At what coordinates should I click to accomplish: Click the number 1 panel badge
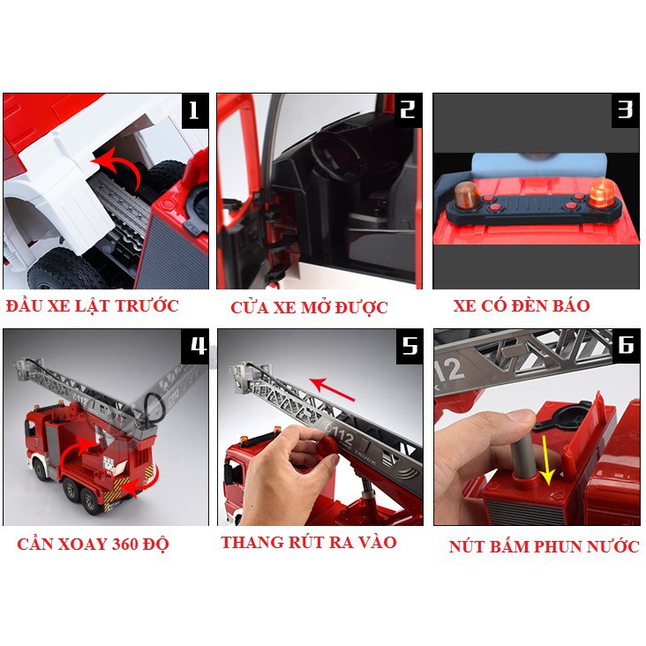click(x=195, y=111)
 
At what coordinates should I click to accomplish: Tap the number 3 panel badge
click(x=625, y=110)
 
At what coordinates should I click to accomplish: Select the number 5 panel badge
click(x=409, y=346)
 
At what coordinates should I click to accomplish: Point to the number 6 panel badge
click(x=626, y=346)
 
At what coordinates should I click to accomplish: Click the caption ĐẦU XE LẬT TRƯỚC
click(x=93, y=305)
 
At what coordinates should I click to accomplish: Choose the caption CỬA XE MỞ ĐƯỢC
click(x=309, y=307)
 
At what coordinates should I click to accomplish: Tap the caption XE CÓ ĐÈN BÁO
click(x=522, y=305)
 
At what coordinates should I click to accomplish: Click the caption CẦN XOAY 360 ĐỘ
click(x=94, y=544)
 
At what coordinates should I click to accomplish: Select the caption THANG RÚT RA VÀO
click(x=309, y=542)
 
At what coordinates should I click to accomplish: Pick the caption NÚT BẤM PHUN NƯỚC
click(x=544, y=546)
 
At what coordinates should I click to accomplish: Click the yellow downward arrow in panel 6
click(x=546, y=461)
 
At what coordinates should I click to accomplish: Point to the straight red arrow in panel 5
click(x=332, y=389)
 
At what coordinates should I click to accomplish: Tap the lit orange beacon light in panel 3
click(x=602, y=192)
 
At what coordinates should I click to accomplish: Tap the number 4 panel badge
click(x=195, y=346)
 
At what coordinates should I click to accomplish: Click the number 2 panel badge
click(x=409, y=110)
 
